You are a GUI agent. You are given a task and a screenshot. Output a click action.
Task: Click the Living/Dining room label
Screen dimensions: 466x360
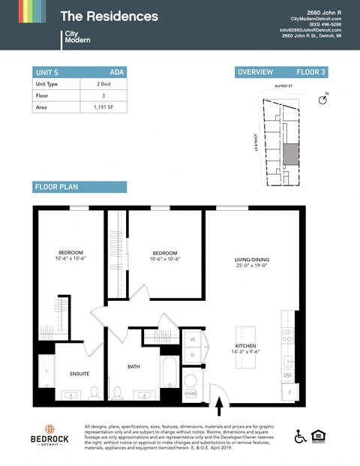(x=251, y=260)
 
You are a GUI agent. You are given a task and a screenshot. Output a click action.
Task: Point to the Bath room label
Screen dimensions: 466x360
(x=134, y=366)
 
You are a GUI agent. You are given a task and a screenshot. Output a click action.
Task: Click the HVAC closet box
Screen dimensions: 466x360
(x=190, y=393)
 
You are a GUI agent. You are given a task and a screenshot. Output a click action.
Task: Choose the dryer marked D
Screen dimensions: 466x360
(x=192, y=354)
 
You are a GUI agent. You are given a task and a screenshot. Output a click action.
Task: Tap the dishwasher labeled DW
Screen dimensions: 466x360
(x=288, y=374)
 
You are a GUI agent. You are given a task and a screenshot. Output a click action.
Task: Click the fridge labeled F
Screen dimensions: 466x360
(x=288, y=392)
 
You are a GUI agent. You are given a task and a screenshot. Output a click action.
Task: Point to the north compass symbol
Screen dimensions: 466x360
(x=324, y=99)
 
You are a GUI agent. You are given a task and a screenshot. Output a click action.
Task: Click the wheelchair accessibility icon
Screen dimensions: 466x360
(x=300, y=436)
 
